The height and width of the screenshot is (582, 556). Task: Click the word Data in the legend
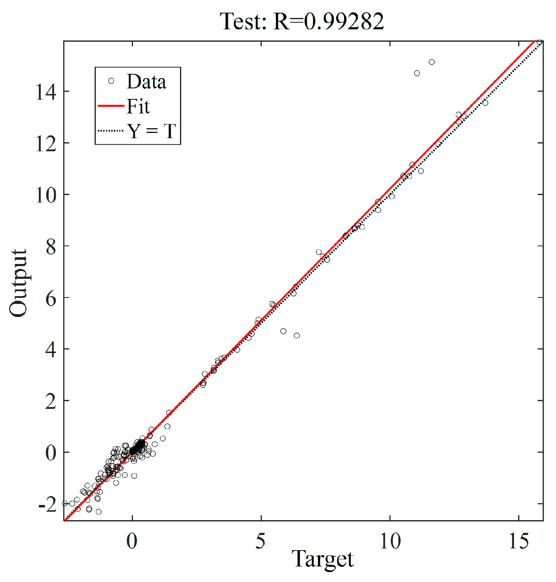pos(146,82)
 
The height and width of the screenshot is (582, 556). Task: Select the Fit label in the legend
pos(138,106)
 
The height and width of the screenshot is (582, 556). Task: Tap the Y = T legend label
pos(151,131)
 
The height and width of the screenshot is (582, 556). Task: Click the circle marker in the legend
pos(111,81)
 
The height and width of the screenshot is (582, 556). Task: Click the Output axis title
pos(18,283)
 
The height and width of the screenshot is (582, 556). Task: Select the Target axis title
pos(323,559)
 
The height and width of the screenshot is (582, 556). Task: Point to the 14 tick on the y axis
pos(46,92)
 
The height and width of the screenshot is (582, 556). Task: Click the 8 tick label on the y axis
pos(51,247)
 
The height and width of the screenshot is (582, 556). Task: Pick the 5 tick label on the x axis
pos(261,541)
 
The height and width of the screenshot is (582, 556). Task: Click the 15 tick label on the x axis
pos(519,541)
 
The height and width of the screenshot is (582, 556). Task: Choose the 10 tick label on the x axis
pos(390,541)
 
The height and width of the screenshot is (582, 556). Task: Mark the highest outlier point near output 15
pos(432,62)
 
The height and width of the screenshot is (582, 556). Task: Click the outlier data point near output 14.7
pos(417,73)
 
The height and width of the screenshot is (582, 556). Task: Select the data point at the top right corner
pos(539,42)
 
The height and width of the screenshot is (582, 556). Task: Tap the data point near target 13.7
pos(485,103)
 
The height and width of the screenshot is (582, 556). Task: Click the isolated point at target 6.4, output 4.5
pos(297,335)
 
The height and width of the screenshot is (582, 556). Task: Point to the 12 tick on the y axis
pos(46,143)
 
